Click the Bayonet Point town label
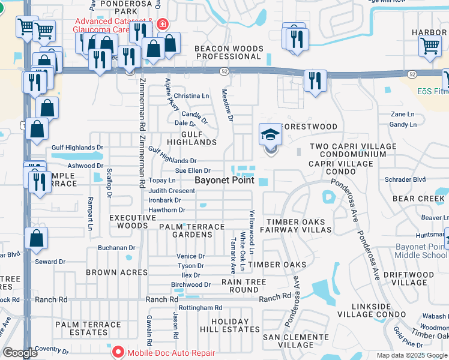224,181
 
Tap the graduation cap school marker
270,134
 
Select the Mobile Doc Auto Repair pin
118,353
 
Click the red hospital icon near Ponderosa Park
162,24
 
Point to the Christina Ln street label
191,96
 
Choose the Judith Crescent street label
172,191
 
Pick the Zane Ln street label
402,114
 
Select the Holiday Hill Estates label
230,326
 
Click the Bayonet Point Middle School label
421,251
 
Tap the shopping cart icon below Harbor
430,46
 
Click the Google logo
20,353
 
